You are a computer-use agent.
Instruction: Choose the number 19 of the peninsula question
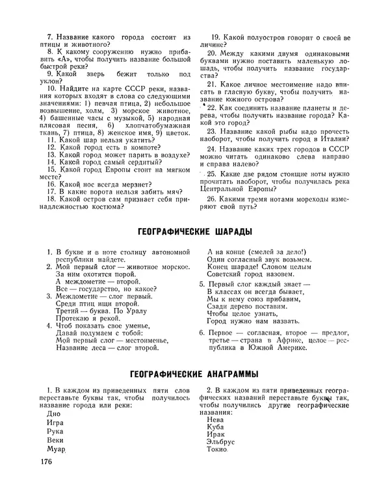click(212, 37)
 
